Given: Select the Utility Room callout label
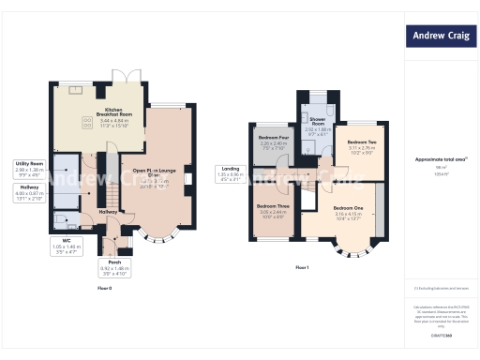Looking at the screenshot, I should pos(30,169).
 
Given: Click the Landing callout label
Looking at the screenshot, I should pos(231,173).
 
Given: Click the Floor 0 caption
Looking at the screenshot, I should pos(105,289).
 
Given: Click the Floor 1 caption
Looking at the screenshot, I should pos(302,268).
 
